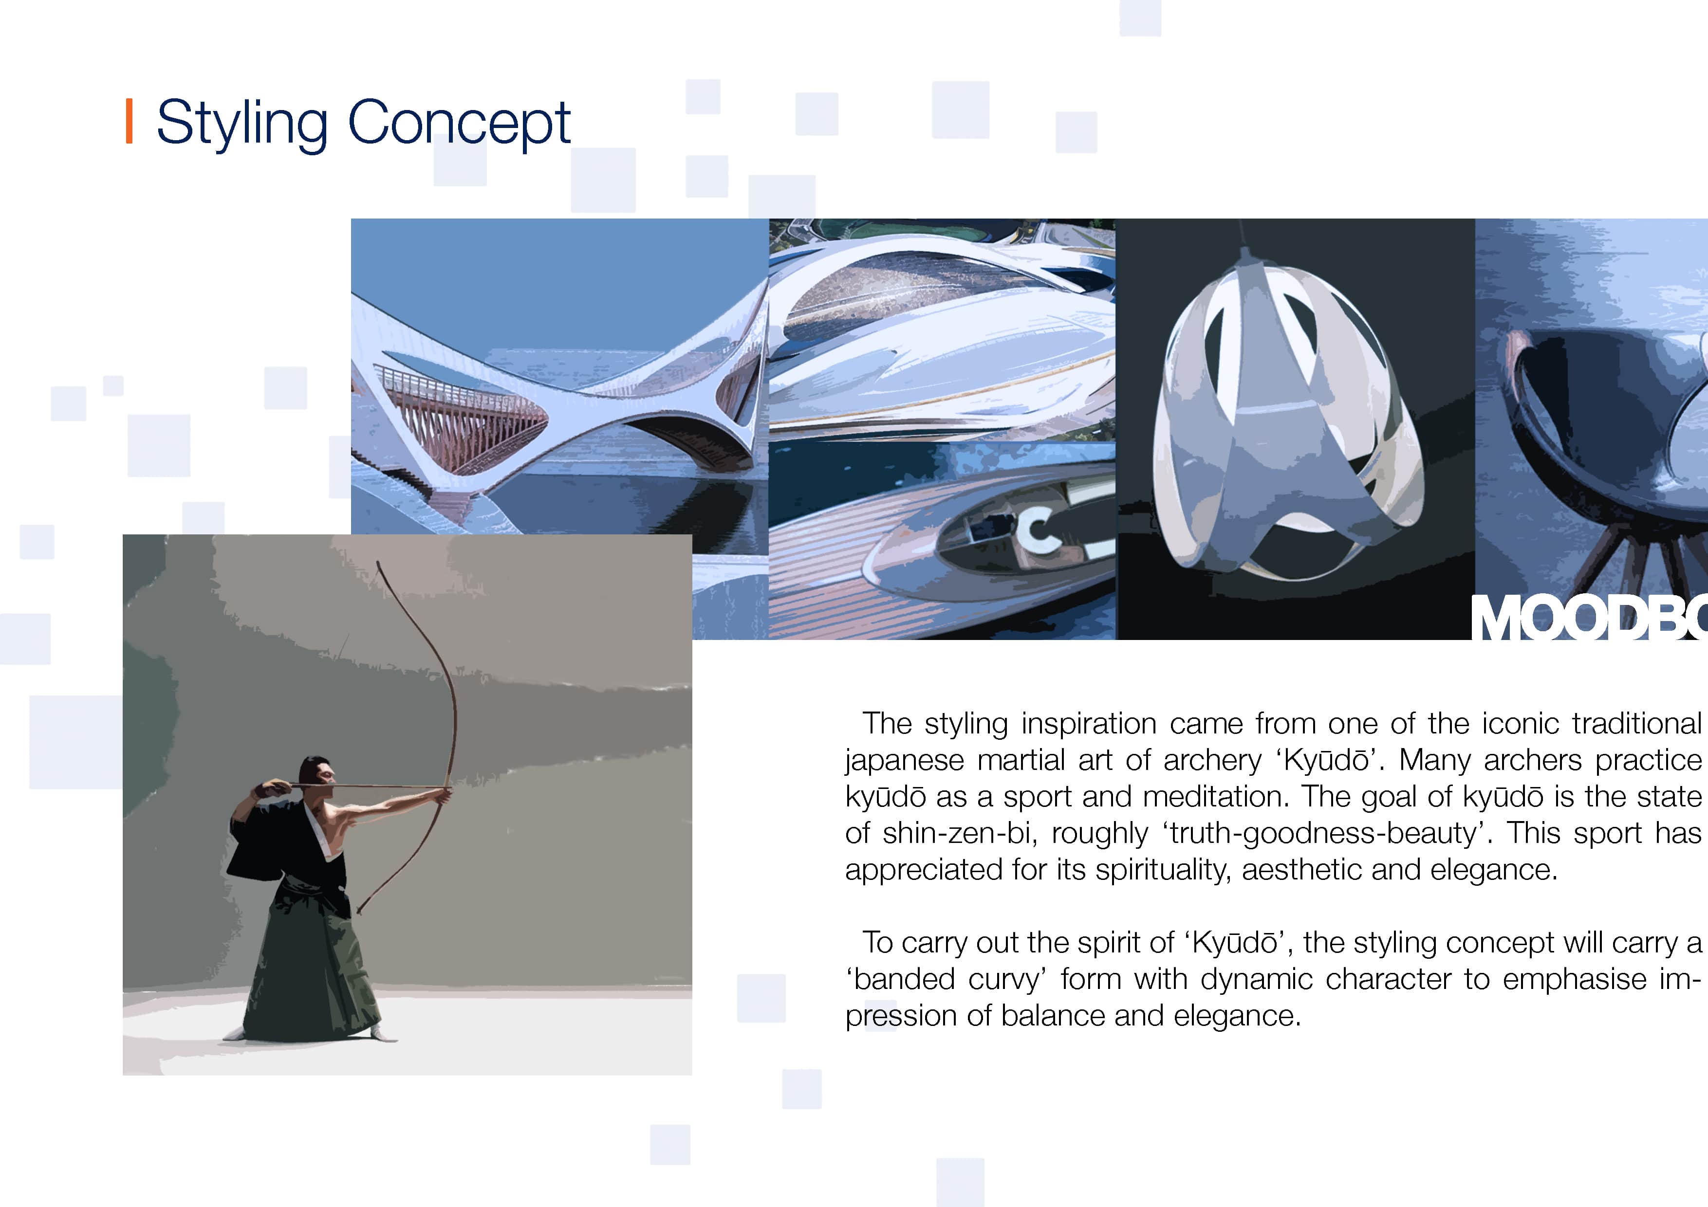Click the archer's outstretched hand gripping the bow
pos(444,797)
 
